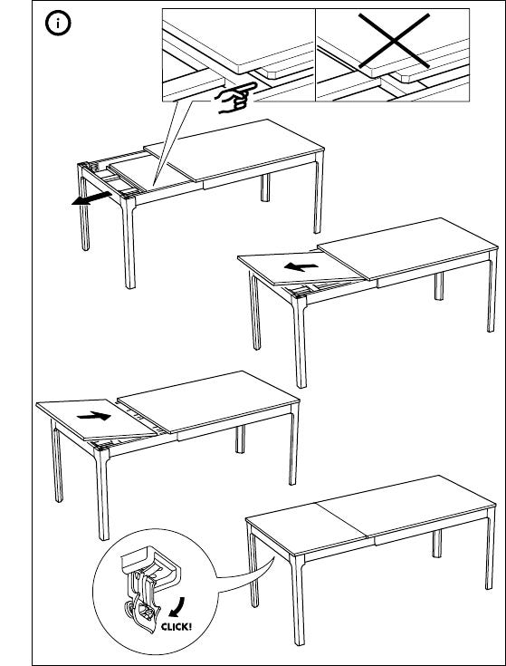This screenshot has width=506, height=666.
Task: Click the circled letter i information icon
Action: pos(58,23)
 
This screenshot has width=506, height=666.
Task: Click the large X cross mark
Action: pos(394,41)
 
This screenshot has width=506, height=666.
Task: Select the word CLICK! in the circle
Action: pos(176,626)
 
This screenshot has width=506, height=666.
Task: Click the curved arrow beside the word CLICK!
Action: pos(178,607)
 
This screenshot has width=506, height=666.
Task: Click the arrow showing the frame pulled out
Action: pos(91,198)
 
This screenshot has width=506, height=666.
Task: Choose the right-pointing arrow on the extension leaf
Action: pos(94,416)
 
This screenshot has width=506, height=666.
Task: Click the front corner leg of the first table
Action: pos(129,242)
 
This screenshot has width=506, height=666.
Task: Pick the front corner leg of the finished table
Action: pos(298,600)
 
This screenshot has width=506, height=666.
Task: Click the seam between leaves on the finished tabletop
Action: pos(342,521)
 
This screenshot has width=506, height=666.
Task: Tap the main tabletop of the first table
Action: pos(234,150)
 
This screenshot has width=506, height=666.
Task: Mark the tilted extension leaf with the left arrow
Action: pos(301,268)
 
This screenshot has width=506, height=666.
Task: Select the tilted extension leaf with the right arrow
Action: pos(96,419)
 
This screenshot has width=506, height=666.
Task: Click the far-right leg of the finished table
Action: pos(491,548)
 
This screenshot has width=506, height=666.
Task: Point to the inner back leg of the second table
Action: pos(439,285)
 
